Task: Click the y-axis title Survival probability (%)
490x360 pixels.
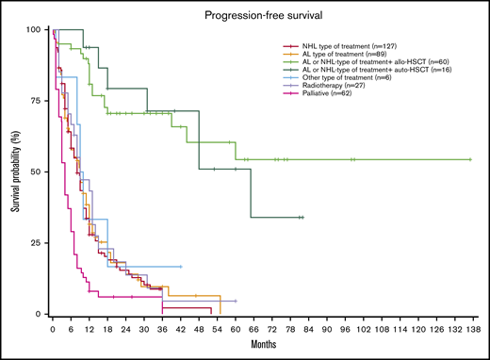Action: (16, 172)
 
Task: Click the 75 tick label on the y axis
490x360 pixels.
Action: (36, 101)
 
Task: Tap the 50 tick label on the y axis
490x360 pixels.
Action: (36, 172)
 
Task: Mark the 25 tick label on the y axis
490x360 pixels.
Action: (36, 243)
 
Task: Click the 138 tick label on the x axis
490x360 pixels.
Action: (471, 332)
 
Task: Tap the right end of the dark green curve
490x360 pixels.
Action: (302, 217)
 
